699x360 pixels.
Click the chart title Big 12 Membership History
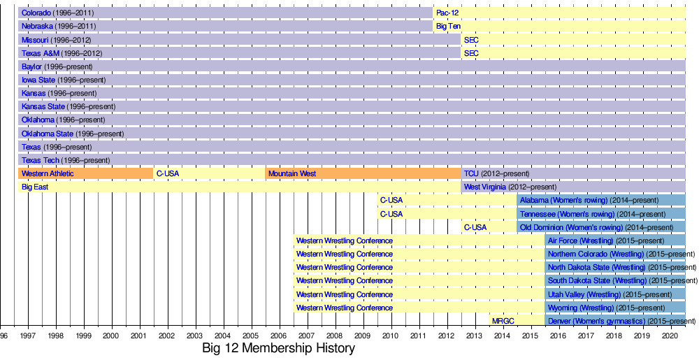[278, 348]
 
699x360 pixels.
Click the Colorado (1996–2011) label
[58, 13]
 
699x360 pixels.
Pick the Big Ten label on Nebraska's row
[448, 27]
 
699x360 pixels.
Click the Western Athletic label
[48, 173]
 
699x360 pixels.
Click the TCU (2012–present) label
[496, 173]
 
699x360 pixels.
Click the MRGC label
[503, 322]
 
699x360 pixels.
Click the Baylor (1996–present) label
[57, 67]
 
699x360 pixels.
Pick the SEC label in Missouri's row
[471, 40]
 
